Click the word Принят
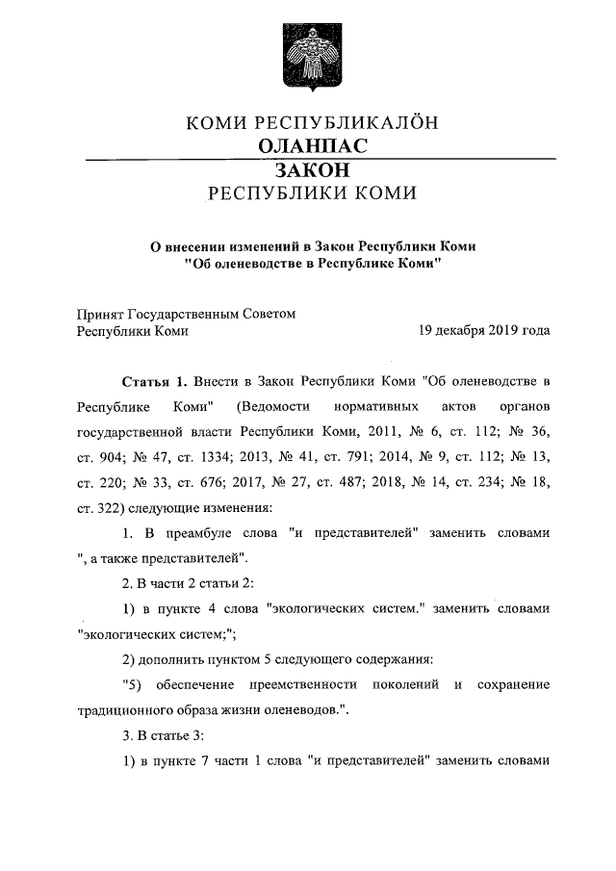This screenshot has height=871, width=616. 100,313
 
